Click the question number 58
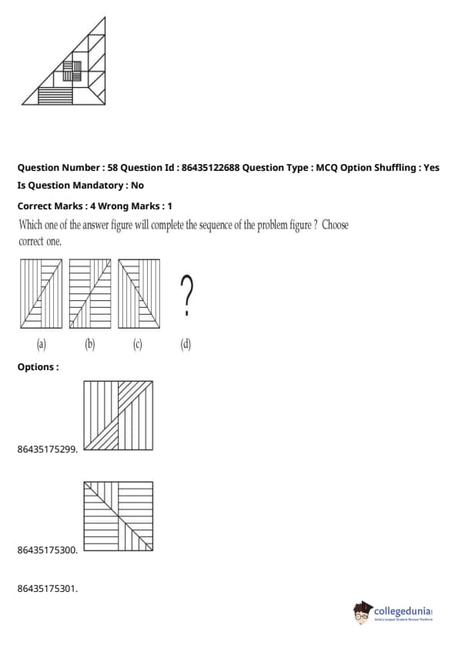(112, 167)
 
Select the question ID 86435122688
(210, 167)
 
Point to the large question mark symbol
(186, 295)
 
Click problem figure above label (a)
(42, 294)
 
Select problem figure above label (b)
(90, 294)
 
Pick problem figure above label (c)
(139, 294)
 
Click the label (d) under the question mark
(186, 344)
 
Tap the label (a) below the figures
(42, 344)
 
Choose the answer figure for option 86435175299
(119, 416)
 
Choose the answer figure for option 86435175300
(119, 516)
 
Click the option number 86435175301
(48, 589)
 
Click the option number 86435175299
(48, 449)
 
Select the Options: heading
(38, 367)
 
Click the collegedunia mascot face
(362, 613)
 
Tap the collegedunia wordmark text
(403, 611)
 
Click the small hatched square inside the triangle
(72, 71)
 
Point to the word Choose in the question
(335, 225)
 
